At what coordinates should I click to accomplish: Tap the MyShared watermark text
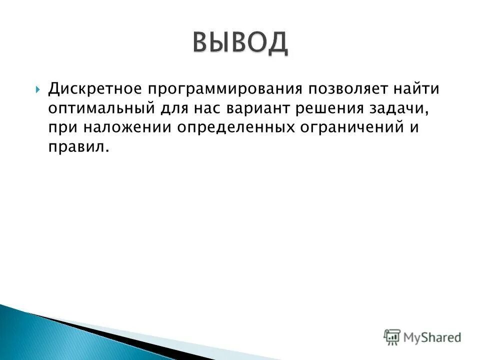(432, 337)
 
